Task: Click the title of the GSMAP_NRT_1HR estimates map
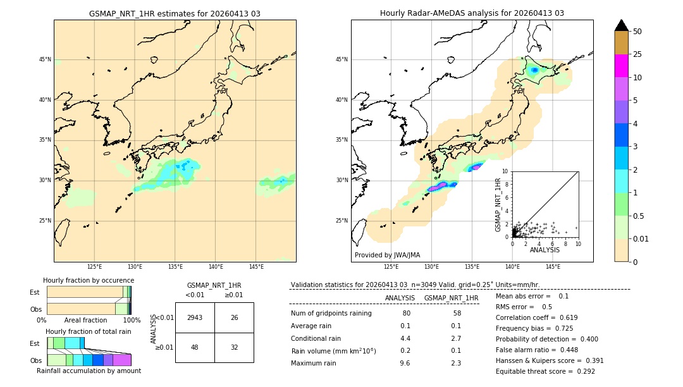pyautogui.click(x=175, y=13)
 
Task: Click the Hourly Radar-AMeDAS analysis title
pyautogui.click(x=472, y=13)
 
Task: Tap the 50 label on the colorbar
pyautogui.click(x=637, y=32)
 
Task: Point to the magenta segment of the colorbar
pyautogui.click(x=622, y=66)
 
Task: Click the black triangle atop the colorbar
pyautogui.click(x=622, y=25)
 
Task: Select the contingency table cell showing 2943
pyautogui.click(x=195, y=317)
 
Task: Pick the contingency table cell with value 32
pyautogui.click(x=234, y=347)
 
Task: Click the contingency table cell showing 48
pyautogui.click(x=195, y=347)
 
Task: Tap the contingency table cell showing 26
pyautogui.click(x=234, y=317)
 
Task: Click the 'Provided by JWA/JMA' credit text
pyautogui.click(x=387, y=255)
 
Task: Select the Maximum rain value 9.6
pyautogui.click(x=405, y=363)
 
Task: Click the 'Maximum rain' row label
pyautogui.click(x=314, y=363)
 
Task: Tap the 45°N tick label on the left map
pyautogui.click(x=45, y=59)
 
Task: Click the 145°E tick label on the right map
pyautogui.click(x=553, y=267)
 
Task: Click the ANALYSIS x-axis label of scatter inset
pyautogui.click(x=545, y=250)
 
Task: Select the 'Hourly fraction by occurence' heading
pyautogui.click(x=89, y=280)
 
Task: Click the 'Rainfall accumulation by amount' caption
pyautogui.click(x=89, y=371)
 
